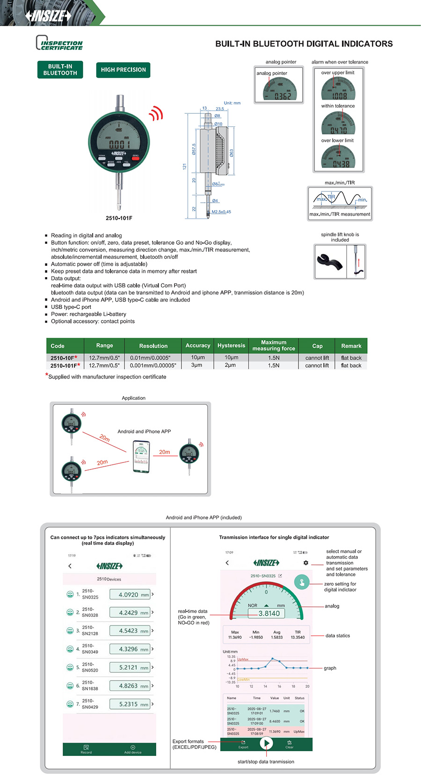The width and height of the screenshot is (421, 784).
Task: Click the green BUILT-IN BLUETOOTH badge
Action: [x=60, y=70]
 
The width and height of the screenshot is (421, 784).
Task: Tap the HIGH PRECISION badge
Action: [x=123, y=70]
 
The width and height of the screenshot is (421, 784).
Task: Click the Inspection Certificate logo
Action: [x=59, y=43]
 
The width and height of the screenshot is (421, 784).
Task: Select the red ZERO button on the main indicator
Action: [x=135, y=159]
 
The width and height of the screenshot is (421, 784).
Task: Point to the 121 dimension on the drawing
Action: [x=184, y=167]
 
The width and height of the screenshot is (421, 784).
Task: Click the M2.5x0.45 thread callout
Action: [x=221, y=212]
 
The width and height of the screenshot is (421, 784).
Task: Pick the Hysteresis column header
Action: [x=231, y=345]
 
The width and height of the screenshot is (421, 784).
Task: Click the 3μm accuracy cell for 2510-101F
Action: [x=197, y=365]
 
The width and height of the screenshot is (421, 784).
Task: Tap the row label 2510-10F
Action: [x=63, y=358]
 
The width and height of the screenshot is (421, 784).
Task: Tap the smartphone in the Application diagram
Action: [x=141, y=457]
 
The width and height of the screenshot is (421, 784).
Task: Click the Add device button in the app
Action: [x=133, y=749]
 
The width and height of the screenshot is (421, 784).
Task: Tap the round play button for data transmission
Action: [x=266, y=743]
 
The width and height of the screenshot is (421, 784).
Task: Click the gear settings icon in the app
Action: [x=306, y=563]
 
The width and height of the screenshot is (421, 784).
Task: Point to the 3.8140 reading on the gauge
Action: [x=269, y=614]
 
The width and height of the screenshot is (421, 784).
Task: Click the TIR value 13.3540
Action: [x=298, y=637]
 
